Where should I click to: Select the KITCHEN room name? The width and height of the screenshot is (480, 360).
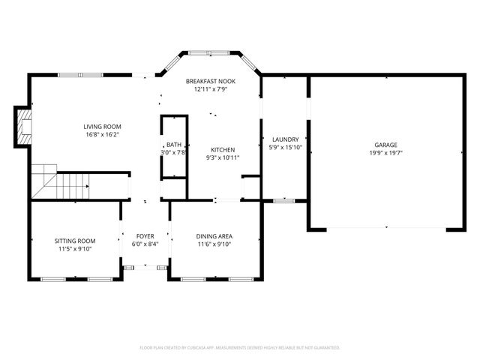pos(223,149)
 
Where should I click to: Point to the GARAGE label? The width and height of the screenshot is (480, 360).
pos(386,145)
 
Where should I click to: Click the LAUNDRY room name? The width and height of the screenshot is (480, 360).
pos(285,139)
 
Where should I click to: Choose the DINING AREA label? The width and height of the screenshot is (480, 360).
pos(214,235)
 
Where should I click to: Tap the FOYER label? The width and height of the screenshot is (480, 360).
pos(145,235)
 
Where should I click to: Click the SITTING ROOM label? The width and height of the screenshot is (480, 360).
pos(75,241)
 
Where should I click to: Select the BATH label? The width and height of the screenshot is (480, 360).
pos(173,145)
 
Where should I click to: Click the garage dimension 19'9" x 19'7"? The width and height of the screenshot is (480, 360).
pos(386,153)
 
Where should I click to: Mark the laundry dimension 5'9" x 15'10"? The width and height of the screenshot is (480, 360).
pos(285,148)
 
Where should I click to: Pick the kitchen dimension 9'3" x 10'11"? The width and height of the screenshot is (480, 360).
pos(223,157)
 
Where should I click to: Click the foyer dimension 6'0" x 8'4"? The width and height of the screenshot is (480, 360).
pos(145,244)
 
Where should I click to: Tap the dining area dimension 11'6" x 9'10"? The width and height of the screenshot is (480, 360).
pos(214,244)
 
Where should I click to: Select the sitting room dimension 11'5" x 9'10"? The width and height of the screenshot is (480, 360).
pos(75,250)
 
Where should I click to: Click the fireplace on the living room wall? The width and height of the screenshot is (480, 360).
pos(25,126)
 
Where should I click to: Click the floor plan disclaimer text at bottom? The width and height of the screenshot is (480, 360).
pos(240,348)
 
